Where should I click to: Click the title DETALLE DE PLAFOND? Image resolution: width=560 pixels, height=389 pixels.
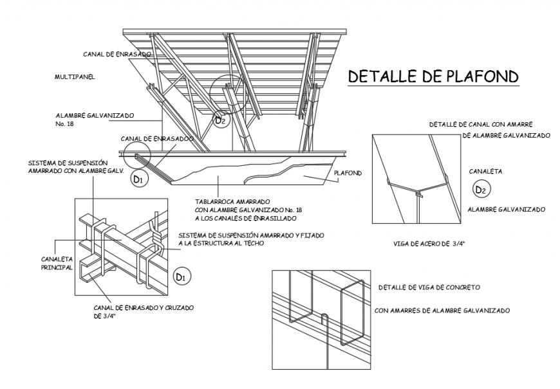[x=433, y=77]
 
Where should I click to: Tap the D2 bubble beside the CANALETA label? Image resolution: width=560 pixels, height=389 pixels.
[x=481, y=189]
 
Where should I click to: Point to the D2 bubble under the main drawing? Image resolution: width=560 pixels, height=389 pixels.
[x=221, y=119]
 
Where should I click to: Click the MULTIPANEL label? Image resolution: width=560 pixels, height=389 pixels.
[x=75, y=77]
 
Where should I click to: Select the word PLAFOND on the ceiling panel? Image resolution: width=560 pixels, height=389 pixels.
[x=348, y=173]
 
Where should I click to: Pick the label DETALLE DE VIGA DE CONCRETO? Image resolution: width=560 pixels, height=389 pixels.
[x=430, y=287]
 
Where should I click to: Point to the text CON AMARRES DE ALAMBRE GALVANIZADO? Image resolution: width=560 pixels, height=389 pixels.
[x=442, y=311]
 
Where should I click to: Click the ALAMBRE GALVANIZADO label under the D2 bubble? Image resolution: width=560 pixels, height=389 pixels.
[x=507, y=210]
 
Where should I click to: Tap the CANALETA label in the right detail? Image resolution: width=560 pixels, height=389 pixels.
[x=485, y=172]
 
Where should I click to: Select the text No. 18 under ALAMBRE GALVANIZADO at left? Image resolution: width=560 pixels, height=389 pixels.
[x=66, y=124]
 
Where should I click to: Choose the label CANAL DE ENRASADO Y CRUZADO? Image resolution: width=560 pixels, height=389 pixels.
[x=143, y=307]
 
